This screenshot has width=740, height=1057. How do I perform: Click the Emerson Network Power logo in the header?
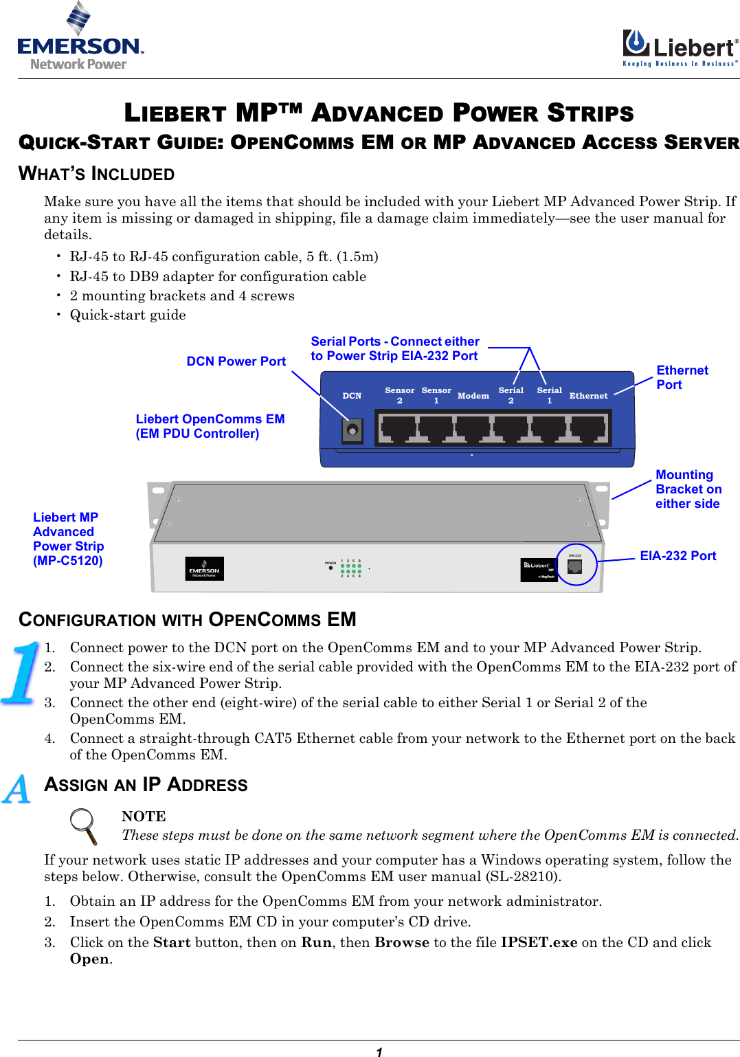(x=80, y=37)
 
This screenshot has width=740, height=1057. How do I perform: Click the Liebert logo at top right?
(x=680, y=47)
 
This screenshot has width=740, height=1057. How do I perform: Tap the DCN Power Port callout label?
(x=236, y=361)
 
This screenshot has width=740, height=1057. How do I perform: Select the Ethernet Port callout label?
(x=682, y=377)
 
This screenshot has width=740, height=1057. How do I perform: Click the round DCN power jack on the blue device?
(x=352, y=431)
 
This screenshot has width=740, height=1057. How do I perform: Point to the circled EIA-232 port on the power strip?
(x=575, y=566)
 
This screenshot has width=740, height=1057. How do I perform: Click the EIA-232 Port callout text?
(x=677, y=556)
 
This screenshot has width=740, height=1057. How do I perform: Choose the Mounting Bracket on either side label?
(x=688, y=489)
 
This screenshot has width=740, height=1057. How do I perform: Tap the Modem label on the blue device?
(x=473, y=396)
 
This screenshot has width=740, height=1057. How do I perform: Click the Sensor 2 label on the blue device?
(x=399, y=395)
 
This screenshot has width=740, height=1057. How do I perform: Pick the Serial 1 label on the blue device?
(x=549, y=395)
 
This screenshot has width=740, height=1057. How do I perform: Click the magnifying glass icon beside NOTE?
(x=85, y=825)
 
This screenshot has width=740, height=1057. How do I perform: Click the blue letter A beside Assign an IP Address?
(x=17, y=789)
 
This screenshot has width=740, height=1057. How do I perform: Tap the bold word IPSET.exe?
(x=539, y=942)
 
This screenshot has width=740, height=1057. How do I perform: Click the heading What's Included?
(x=97, y=174)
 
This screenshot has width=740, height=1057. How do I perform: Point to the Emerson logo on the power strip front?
(x=204, y=569)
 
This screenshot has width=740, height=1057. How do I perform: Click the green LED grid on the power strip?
(x=350, y=569)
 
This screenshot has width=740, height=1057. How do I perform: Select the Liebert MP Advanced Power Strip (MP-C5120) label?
(x=68, y=539)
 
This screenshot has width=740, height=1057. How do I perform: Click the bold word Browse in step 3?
(x=401, y=942)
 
